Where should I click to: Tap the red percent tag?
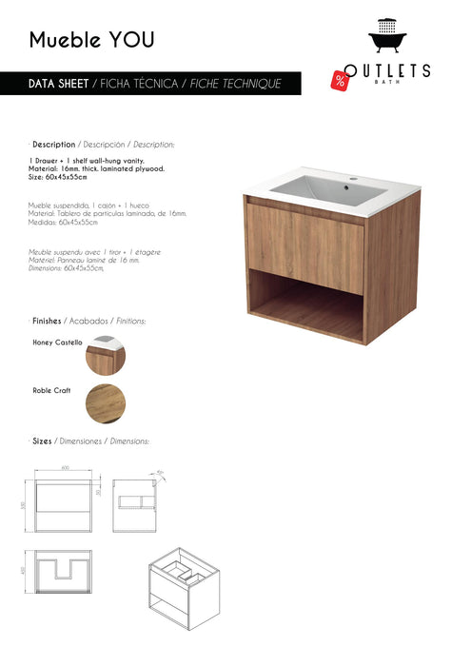pyautogui.click(x=340, y=80)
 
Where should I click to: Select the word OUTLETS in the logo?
pyautogui.click(x=387, y=70)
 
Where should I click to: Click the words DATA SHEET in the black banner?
pyautogui.click(x=59, y=84)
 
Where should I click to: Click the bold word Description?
pyautogui.click(x=53, y=144)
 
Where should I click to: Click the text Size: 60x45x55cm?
pyautogui.click(x=58, y=177)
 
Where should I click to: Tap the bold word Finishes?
pyautogui.click(x=49, y=321)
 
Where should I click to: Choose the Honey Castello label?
pyautogui.click(x=57, y=342)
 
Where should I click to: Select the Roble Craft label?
pyautogui.click(x=51, y=389)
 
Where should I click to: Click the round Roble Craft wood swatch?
pyautogui.click(x=105, y=403)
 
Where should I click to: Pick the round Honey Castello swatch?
pyautogui.click(x=105, y=357)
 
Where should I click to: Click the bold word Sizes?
pyautogui.click(x=42, y=441)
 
